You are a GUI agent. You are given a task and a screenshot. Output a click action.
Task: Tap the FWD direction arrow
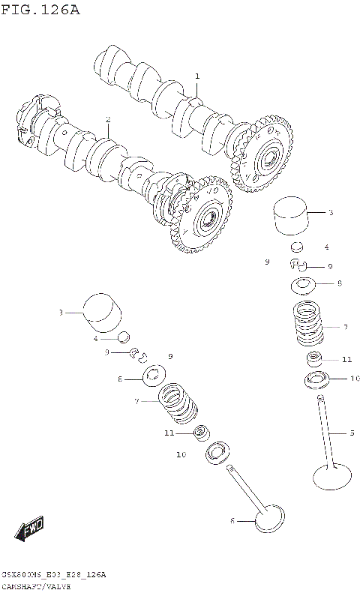point(31,531)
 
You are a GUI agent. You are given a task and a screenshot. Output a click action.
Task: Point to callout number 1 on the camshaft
point(197,76)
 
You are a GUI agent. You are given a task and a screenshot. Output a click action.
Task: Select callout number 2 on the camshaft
point(108,120)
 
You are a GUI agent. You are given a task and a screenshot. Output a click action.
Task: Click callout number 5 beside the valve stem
point(351,433)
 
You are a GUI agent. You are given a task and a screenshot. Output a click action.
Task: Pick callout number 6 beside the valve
point(232,520)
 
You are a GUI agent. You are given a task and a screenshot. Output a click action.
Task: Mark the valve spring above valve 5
point(308,324)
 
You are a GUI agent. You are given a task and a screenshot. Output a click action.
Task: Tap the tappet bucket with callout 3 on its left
point(103,310)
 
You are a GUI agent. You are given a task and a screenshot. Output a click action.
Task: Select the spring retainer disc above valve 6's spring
point(155,373)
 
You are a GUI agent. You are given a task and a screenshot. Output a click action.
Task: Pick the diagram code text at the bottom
point(53,575)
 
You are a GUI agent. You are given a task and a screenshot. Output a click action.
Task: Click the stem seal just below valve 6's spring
point(200,433)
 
